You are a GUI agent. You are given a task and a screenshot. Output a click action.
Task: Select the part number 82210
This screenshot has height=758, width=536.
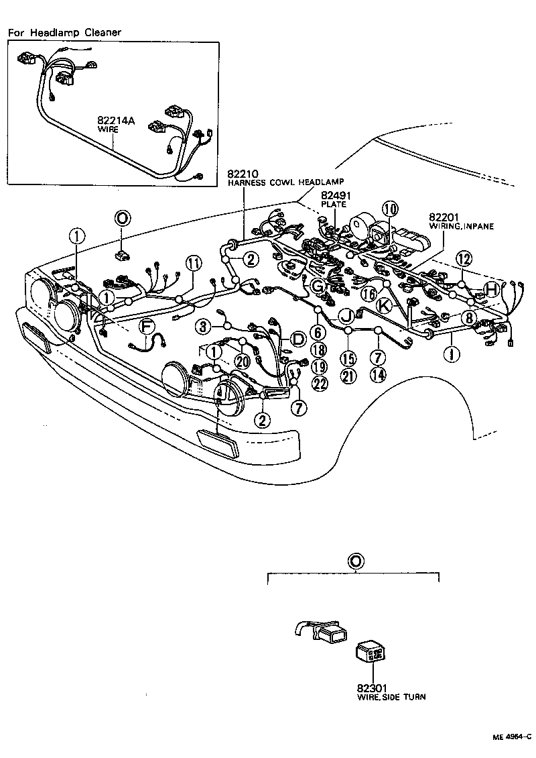[243, 174]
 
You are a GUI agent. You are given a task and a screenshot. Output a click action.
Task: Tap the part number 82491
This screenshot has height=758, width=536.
[336, 196]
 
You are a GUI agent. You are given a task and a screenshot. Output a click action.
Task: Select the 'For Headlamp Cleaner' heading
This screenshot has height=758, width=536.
[65, 32]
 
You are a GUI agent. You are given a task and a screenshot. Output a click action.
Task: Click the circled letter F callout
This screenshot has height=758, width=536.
[146, 327]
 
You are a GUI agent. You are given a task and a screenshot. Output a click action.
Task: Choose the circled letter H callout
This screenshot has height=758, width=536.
[491, 288]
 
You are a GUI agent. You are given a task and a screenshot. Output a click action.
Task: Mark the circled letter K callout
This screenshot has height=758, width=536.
[384, 305]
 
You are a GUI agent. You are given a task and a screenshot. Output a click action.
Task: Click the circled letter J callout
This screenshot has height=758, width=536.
[347, 315]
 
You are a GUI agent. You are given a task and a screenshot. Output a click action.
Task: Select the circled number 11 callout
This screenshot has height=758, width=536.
[193, 263]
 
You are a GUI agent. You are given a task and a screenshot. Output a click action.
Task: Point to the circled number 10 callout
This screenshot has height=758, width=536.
[390, 209]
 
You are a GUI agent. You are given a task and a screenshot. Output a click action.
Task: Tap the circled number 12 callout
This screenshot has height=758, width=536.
[464, 258]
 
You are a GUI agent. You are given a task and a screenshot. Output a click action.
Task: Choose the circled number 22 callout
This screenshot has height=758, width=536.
[320, 384]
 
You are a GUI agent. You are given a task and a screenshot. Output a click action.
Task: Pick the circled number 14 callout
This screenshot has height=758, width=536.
[379, 376]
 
